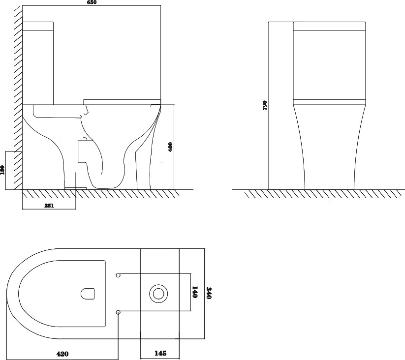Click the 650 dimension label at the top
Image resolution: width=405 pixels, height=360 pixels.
[92, 2]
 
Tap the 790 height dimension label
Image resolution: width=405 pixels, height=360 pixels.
[265, 105]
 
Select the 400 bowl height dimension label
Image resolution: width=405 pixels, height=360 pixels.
[170, 147]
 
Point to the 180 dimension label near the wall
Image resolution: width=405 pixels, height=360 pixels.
[2, 170]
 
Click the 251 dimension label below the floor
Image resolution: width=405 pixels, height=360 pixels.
[49, 206]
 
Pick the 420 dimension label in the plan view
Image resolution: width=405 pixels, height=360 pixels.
[62, 354]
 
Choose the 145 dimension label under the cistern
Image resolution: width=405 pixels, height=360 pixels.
[160, 353]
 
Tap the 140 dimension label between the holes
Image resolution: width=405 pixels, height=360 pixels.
[195, 292]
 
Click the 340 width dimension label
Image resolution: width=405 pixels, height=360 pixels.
[209, 293]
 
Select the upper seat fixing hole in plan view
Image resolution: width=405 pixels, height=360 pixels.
[118, 275]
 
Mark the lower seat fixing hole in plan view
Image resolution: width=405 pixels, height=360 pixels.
[118, 312]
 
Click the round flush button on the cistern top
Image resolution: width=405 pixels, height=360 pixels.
[158, 294]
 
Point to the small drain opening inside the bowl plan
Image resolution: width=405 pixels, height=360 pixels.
[88, 294]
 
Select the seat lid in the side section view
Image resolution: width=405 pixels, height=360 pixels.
[122, 102]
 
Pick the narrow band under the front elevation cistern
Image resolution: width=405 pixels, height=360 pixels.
[329, 102]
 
